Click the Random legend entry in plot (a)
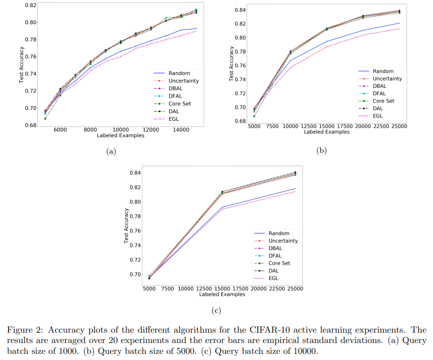178,73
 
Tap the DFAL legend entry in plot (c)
276,256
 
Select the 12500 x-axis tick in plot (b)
308,126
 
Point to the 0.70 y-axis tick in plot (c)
135,275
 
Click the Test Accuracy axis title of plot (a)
22,65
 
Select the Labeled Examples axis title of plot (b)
326,132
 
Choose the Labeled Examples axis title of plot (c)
222,294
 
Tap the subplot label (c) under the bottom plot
216,310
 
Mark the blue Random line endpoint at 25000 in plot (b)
400,23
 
